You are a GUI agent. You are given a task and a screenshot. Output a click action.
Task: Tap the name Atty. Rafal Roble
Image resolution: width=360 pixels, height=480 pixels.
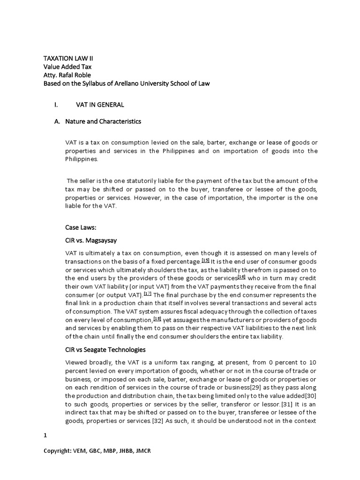(x=67, y=75)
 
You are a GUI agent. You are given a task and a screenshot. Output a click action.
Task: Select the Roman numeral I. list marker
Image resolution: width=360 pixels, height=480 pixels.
(x=56, y=105)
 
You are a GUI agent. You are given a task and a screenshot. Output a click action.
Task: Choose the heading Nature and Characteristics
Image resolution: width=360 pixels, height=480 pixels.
(x=103, y=121)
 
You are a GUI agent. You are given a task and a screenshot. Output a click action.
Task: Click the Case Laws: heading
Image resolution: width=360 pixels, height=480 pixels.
(x=80, y=227)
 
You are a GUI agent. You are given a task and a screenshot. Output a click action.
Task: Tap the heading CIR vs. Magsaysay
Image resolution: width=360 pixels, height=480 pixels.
(x=88, y=240)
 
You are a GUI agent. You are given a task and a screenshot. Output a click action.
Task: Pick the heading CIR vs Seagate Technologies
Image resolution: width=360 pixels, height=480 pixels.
(x=105, y=350)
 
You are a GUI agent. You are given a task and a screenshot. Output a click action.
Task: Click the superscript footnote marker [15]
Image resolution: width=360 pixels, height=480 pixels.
(x=205, y=260)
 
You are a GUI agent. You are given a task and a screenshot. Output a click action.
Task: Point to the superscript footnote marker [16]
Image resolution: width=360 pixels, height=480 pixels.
(x=242, y=277)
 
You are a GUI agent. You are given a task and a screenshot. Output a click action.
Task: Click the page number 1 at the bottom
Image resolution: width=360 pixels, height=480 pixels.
(x=45, y=435)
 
